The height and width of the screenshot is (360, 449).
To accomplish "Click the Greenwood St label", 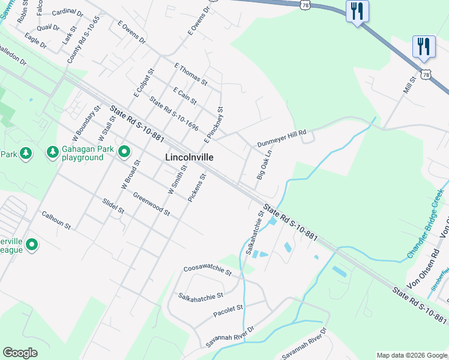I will pyautogui.click(x=152, y=204).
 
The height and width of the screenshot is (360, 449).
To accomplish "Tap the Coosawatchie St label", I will pyautogui.click(x=208, y=271).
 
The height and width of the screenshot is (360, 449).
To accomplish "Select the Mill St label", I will pyautogui.click(x=410, y=88).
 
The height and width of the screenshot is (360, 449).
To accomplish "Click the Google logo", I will pyautogui.click(x=20, y=353).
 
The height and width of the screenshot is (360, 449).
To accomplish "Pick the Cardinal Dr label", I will pyautogui.click(x=68, y=12).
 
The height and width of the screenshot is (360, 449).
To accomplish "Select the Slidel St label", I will pyautogui.click(x=113, y=206).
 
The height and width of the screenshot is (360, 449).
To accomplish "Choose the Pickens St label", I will pyautogui.click(x=197, y=187).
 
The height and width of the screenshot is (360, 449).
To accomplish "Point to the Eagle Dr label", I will pyautogui.click(x=36, y=40).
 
